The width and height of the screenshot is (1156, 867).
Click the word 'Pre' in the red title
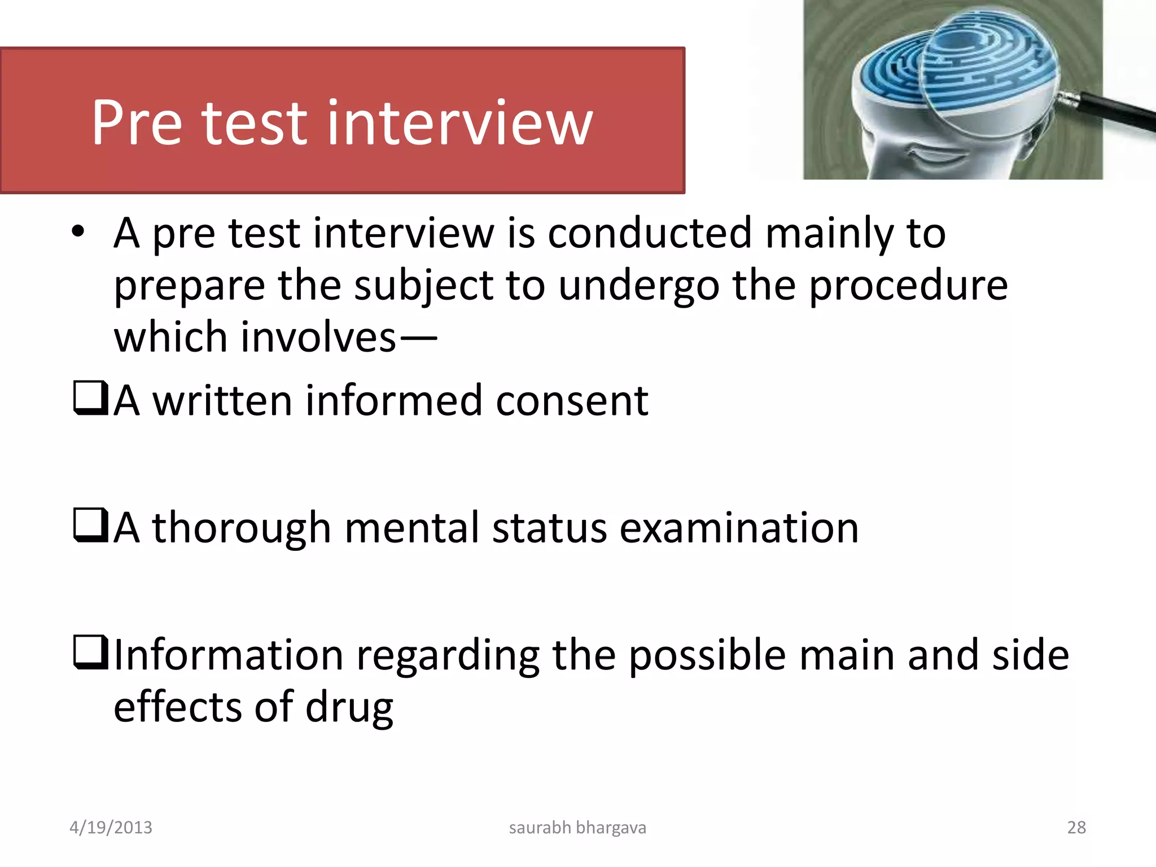[137, 122]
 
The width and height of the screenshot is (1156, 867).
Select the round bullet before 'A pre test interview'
[78, 231]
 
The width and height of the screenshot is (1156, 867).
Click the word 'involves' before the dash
[318, 338]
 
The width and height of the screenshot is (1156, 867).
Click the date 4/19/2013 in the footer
[111, 827]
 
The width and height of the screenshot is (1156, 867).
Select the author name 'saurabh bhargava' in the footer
[577, 827]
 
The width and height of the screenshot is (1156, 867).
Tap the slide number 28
[1076, 827]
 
